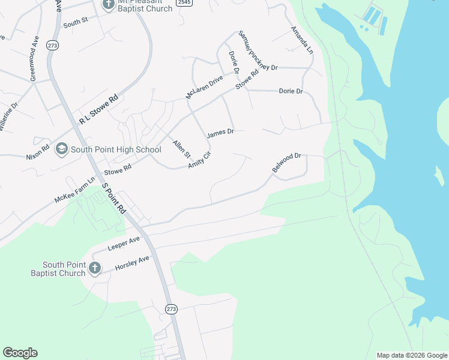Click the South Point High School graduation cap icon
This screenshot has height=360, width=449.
pos(62,149)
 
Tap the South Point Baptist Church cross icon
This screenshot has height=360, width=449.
pos(95,268)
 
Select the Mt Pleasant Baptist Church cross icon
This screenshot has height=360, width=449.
pos(109,5)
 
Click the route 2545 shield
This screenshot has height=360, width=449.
pos(184,3)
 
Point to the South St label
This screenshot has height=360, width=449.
pos(76,22)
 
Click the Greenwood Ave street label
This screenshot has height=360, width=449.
pos(34,61)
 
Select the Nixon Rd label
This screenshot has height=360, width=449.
pos(38,149)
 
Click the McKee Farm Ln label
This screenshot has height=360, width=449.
pos(75,190)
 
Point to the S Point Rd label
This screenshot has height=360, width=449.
pos(113,198)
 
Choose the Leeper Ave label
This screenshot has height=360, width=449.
pos(123,243)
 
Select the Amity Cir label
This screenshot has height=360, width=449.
pos(200,160)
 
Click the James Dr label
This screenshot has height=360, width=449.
pos(220,133)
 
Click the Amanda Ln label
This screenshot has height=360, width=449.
pos(302,40)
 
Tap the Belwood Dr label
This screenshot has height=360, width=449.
pos(286,163)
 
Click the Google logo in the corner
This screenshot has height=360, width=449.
pos(20,353)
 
